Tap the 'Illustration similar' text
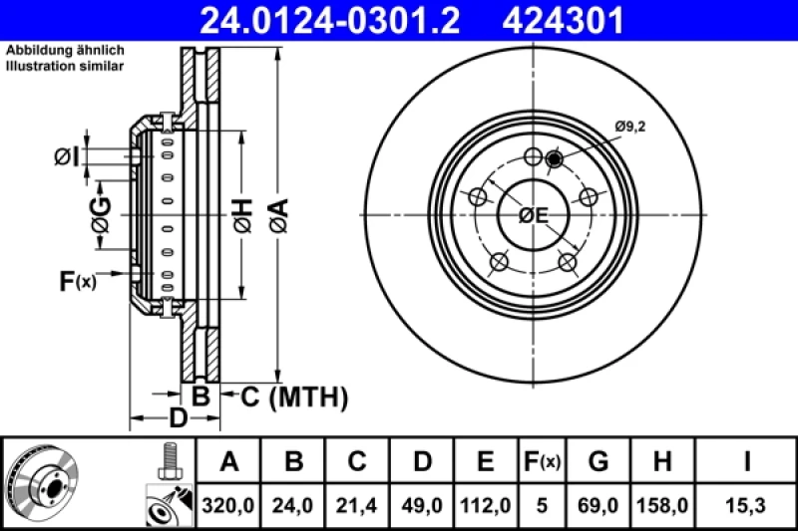tap(65, 67)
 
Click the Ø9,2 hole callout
tap(630, 126)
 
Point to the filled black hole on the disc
tap(556, 158)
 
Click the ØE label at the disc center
tap(535, 215)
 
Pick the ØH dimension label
tap(242, 213)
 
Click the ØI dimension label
tap(67, 156)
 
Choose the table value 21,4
tap(357, 506)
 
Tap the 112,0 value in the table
tap(484, 506)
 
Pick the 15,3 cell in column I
tap(745, 506)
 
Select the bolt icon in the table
tap(167, 460)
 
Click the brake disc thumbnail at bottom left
tap(45, 483)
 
